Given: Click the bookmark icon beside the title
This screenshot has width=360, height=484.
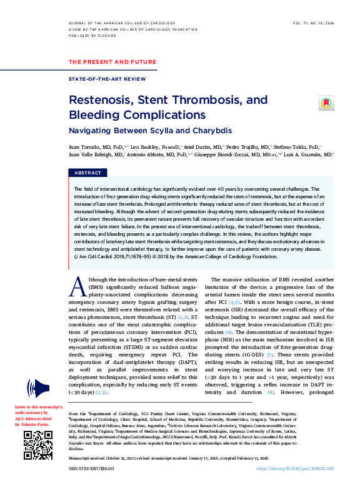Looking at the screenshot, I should point(325,103).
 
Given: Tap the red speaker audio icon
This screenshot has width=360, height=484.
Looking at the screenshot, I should point(36,386).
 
